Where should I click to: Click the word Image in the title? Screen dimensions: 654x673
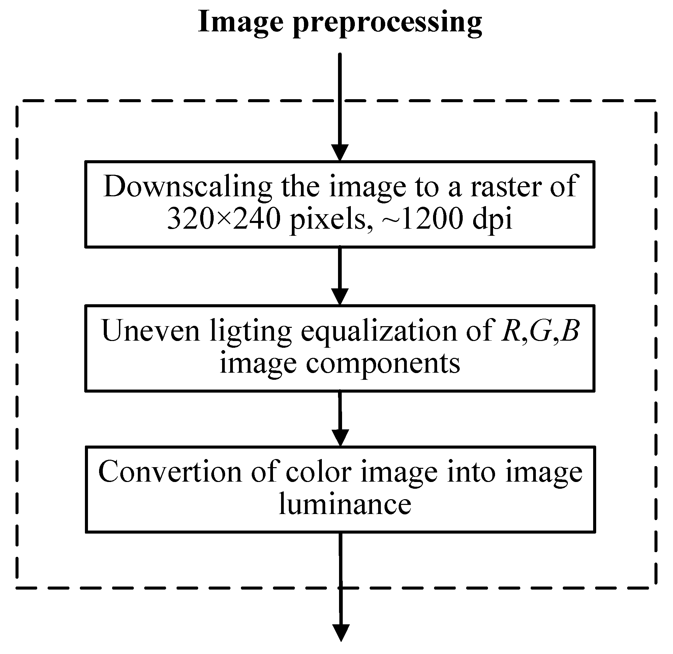coord(240,22)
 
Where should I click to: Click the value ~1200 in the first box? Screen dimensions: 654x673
coord(422,219)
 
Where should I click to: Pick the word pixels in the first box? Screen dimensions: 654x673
coord(331,220)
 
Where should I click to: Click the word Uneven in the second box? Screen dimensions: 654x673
coord(151,331)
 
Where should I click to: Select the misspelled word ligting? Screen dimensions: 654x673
coord(251,332)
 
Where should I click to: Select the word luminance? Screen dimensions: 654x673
coord(345,505)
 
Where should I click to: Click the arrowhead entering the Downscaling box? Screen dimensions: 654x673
coord(340,152)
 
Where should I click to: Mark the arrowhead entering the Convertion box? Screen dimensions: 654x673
coord(340,437)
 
